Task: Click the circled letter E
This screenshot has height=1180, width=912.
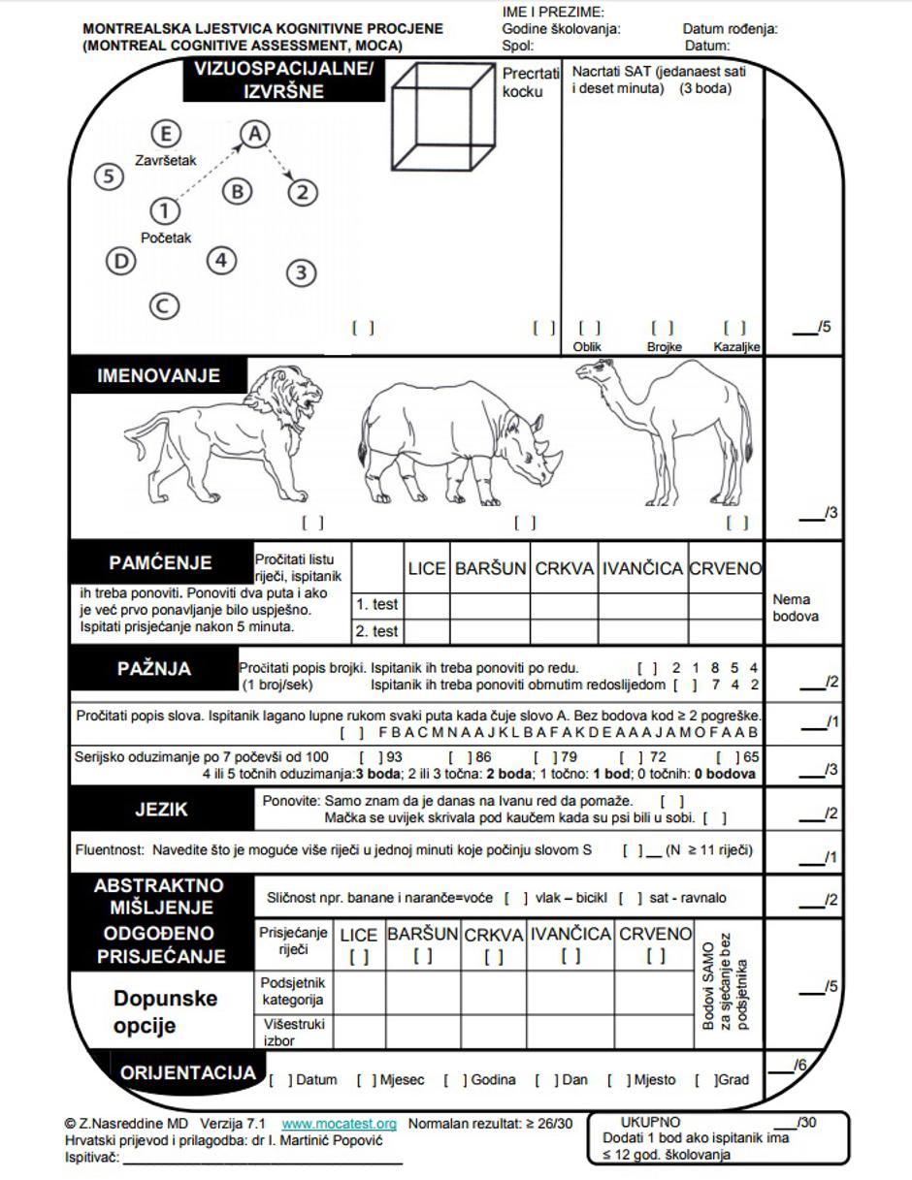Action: [x=167, y=135]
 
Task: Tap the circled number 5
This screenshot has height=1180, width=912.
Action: [x=110, y=176]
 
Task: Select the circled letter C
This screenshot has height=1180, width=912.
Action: [x=164, y=306]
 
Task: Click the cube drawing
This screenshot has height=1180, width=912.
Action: [x=444, y=115]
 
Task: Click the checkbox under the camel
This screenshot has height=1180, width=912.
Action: [x=737, y=523]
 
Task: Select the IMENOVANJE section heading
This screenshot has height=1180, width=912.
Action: [x=158, y=376]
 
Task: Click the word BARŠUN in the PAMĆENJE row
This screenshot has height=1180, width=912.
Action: [x=490, y=569]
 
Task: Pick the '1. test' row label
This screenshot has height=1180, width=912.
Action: [x=376, y=604]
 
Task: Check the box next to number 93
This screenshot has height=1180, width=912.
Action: [x=370, y=756]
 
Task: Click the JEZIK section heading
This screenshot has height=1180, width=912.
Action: [x=161, y=809]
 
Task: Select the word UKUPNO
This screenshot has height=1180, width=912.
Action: [x=650, y=1123]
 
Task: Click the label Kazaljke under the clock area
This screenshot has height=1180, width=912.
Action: [x=736, y=347]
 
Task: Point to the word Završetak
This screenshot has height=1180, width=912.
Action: [x=165, y=161]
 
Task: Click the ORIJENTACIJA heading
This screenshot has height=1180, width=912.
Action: [x=188, y=1073]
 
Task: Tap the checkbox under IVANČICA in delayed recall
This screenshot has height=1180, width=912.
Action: [x=570, y=956]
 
